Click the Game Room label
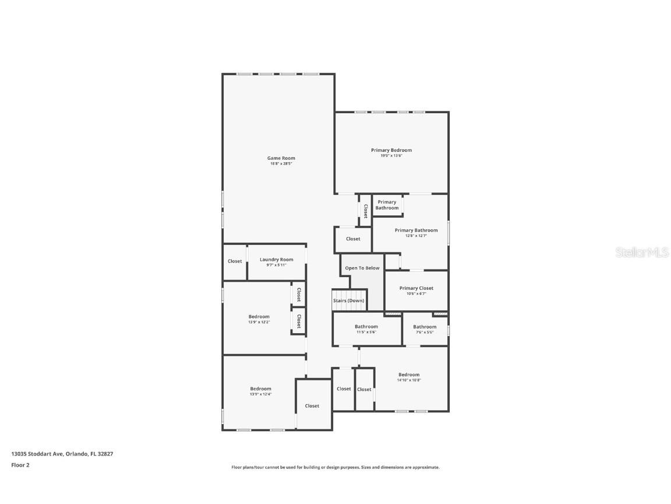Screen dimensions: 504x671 (281, 158)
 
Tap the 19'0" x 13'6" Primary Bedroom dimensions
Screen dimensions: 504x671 (391, 156)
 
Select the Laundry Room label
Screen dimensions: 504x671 (276, 260)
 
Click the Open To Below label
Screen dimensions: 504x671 (362, 268)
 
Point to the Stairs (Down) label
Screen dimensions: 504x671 (348, 300)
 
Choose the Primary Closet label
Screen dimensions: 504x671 (416, 288)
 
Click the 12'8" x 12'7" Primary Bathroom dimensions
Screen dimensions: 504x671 (416, 236)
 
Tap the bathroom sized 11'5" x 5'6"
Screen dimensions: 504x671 (366, 330)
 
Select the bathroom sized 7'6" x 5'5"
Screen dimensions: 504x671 (425, 330)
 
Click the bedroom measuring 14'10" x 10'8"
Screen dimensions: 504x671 (408, 377)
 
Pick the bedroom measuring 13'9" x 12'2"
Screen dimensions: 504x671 (259, 319)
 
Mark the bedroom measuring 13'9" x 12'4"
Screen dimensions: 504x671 (260, 391)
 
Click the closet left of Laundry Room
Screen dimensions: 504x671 (235, 261)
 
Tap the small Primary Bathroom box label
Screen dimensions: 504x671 (387, 205)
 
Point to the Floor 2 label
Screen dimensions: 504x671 (20, 465)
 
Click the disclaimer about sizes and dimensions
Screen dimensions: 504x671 (335, 467)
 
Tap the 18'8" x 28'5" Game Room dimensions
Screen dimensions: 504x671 (281, 164)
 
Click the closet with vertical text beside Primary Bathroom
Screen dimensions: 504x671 (365, 210)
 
